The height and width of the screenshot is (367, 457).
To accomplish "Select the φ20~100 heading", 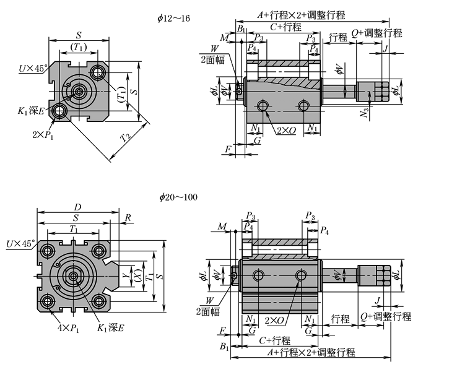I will (178, 197).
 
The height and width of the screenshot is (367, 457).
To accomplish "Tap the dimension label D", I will (77, 206).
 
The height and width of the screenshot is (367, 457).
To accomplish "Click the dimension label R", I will (128, 218).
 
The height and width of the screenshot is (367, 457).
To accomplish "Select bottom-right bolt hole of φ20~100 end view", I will (99, 301).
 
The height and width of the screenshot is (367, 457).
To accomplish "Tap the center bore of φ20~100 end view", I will (73, 276).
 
